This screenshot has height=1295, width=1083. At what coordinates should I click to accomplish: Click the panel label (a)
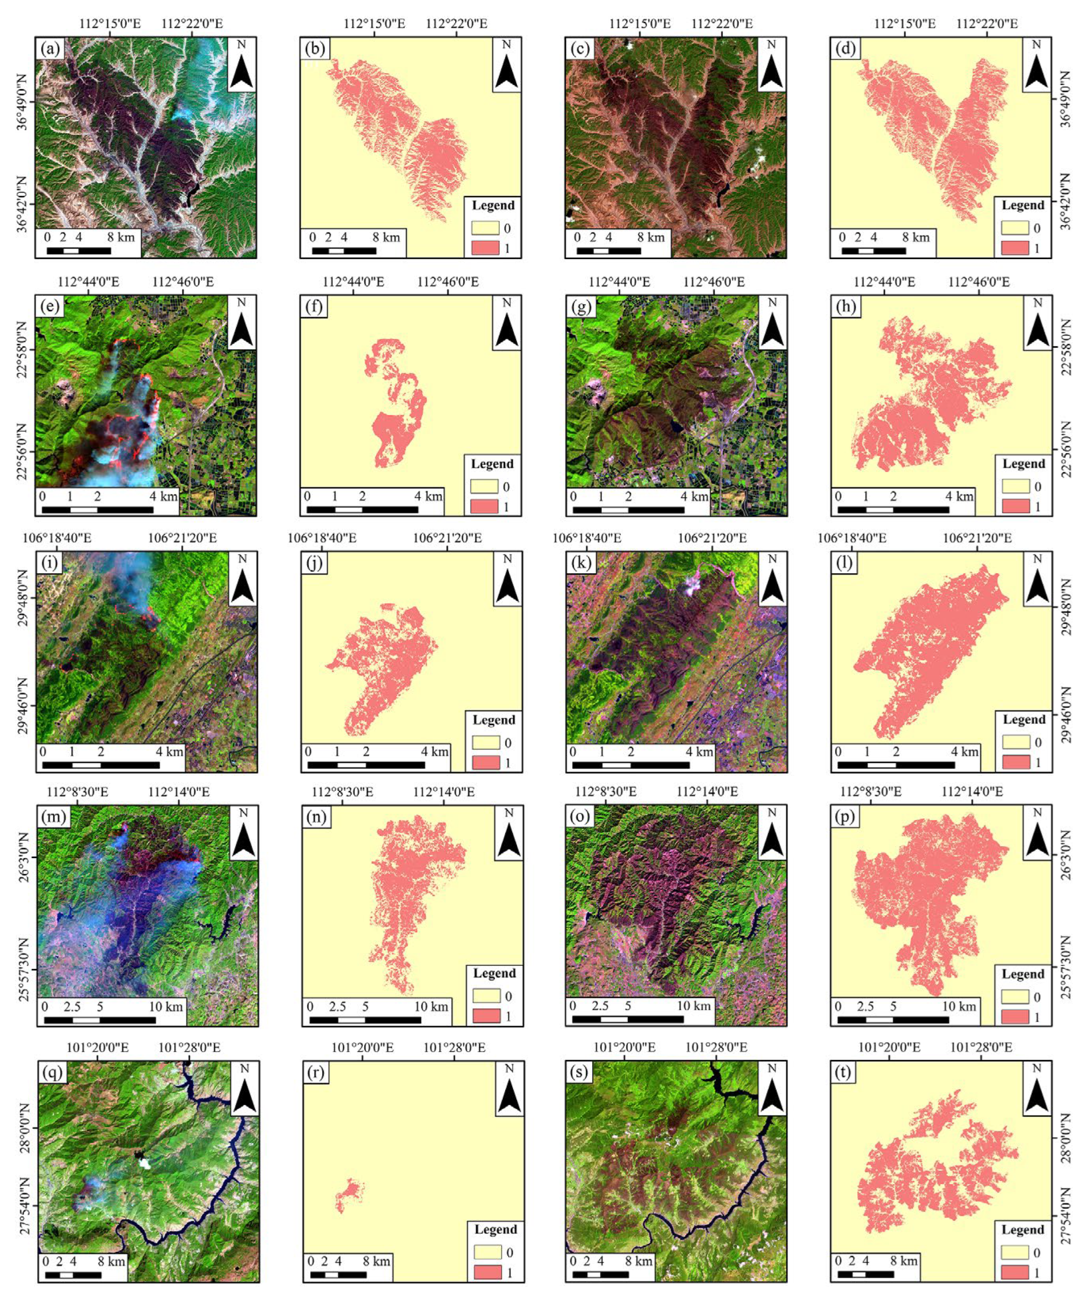[x=49, y=48]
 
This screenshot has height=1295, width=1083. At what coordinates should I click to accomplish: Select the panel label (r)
[x=315, y=1073]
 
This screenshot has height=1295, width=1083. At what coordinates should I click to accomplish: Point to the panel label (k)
[x=580, y=562]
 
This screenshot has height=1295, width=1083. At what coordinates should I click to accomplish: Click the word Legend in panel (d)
[x=1023, y=205]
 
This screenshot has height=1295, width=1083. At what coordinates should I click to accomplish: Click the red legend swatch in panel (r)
[x=487, y=1272]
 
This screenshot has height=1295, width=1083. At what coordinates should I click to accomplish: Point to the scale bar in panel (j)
[x=366, y=765]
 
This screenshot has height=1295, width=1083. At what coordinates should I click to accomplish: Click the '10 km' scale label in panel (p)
[x=959, y=1007]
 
